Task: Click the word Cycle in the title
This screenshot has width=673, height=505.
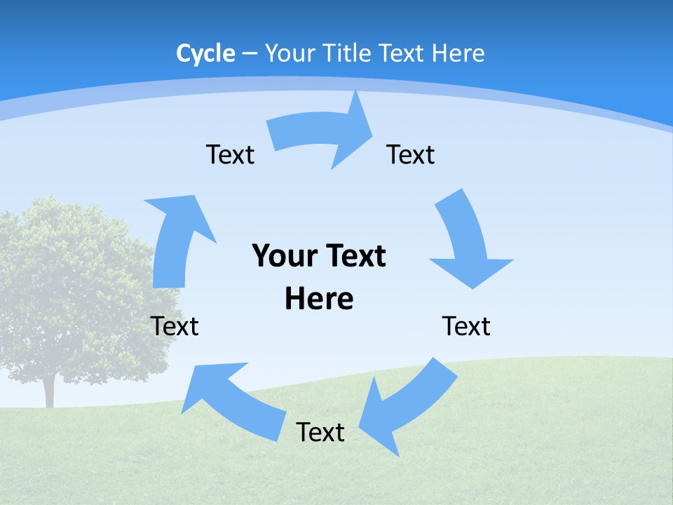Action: [205, 53]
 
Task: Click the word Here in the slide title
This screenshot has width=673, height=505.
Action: [458, 53]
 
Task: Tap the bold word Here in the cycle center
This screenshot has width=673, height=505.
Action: [319, 299]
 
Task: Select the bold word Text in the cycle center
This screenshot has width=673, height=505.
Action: [355, 257]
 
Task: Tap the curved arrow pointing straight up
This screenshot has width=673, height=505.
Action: [175, 238]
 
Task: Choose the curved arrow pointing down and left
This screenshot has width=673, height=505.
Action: [407, 407]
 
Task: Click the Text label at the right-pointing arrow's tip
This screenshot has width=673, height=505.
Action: [411, 155]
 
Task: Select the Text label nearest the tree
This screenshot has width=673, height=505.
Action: [175, 326]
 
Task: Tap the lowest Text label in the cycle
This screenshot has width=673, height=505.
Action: [320, 432]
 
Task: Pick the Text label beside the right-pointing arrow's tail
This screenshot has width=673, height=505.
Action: [230, 155]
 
